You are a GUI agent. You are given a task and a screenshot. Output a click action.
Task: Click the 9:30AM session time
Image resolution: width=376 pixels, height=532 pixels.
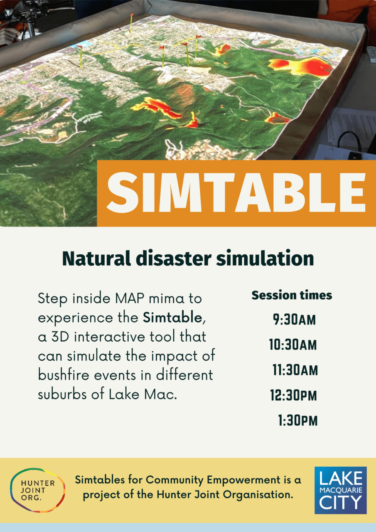click(294, 320)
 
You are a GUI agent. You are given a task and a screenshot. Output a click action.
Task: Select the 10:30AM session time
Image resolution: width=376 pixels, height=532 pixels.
click(293, 345)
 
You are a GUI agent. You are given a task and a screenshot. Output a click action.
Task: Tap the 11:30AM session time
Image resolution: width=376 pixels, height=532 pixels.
click(295, 370)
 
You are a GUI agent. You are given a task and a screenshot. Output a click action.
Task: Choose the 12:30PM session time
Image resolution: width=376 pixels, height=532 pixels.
click(293, 395)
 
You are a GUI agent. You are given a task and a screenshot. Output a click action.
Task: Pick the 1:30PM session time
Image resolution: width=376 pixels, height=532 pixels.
click(297, 421)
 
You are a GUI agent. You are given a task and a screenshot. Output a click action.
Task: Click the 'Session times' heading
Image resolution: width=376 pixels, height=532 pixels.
click(292, 296)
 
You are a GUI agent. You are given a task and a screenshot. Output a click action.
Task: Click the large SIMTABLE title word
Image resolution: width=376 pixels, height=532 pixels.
click(236, 192)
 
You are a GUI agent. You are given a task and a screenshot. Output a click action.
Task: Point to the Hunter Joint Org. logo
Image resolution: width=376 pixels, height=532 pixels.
click(38, 490)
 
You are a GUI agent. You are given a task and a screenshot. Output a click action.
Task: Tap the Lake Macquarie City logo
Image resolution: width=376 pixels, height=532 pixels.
click(340, 490)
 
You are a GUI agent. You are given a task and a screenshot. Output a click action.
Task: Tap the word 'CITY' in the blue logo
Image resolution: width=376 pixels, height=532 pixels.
click(340, 502)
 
